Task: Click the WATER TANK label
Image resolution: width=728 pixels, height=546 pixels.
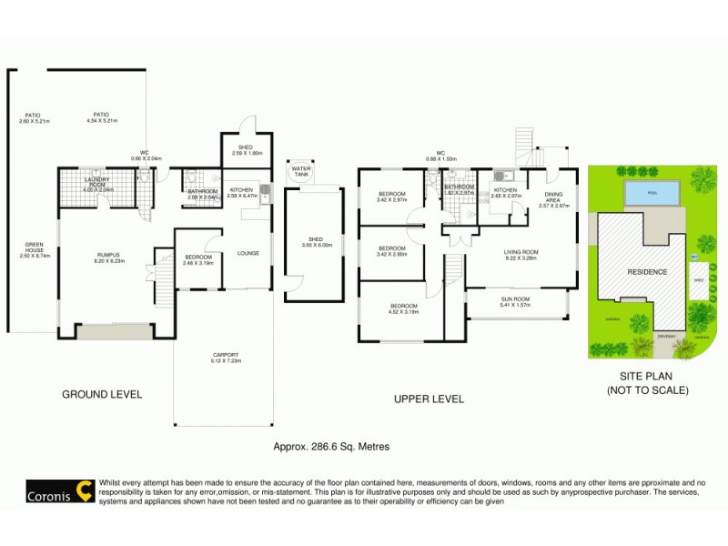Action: click(299, 171)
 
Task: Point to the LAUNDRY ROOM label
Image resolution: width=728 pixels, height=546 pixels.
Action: click(96, 182)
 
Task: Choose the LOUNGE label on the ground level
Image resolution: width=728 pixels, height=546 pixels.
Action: click(248, 253)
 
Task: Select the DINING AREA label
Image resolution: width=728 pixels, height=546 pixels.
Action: click(553, 197)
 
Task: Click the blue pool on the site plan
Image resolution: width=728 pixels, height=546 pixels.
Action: click(652, 193)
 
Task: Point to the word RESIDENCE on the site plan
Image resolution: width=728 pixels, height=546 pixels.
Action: click(646, 271)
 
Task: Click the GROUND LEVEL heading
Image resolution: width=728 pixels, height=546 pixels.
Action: click(102, 394)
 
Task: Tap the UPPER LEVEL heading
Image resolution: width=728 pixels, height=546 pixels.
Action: click(428, 399)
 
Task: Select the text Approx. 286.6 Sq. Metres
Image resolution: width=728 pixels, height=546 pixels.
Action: click(324, 446)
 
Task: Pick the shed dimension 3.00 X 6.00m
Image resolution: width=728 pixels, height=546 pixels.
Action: click(313, 245)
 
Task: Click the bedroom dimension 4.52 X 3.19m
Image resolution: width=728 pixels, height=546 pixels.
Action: click(403, 311)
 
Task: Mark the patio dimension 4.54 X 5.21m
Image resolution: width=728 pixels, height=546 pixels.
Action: click(105, 120)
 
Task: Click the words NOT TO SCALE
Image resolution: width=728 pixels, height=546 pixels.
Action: click(647, 389)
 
